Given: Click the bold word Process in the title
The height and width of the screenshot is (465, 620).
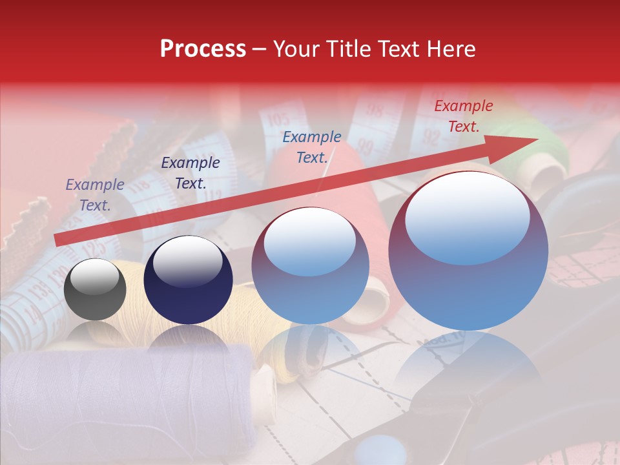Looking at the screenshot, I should coord(203,48).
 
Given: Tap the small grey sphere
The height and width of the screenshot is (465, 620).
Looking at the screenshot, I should coord(95,289).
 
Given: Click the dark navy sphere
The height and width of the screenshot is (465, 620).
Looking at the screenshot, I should coord(188,280).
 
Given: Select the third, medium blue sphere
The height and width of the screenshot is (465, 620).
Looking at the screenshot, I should coord(310,265).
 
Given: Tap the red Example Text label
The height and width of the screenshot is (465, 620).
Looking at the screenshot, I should coord(463,116).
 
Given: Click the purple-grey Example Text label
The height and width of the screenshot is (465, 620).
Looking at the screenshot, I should coord(95,195).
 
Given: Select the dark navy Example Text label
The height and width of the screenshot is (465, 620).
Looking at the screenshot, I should coord(190,173).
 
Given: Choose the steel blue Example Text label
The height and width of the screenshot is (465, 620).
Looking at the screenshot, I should coord(312,147).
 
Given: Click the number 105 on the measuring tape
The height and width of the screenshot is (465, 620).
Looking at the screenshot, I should coord(278,120).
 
